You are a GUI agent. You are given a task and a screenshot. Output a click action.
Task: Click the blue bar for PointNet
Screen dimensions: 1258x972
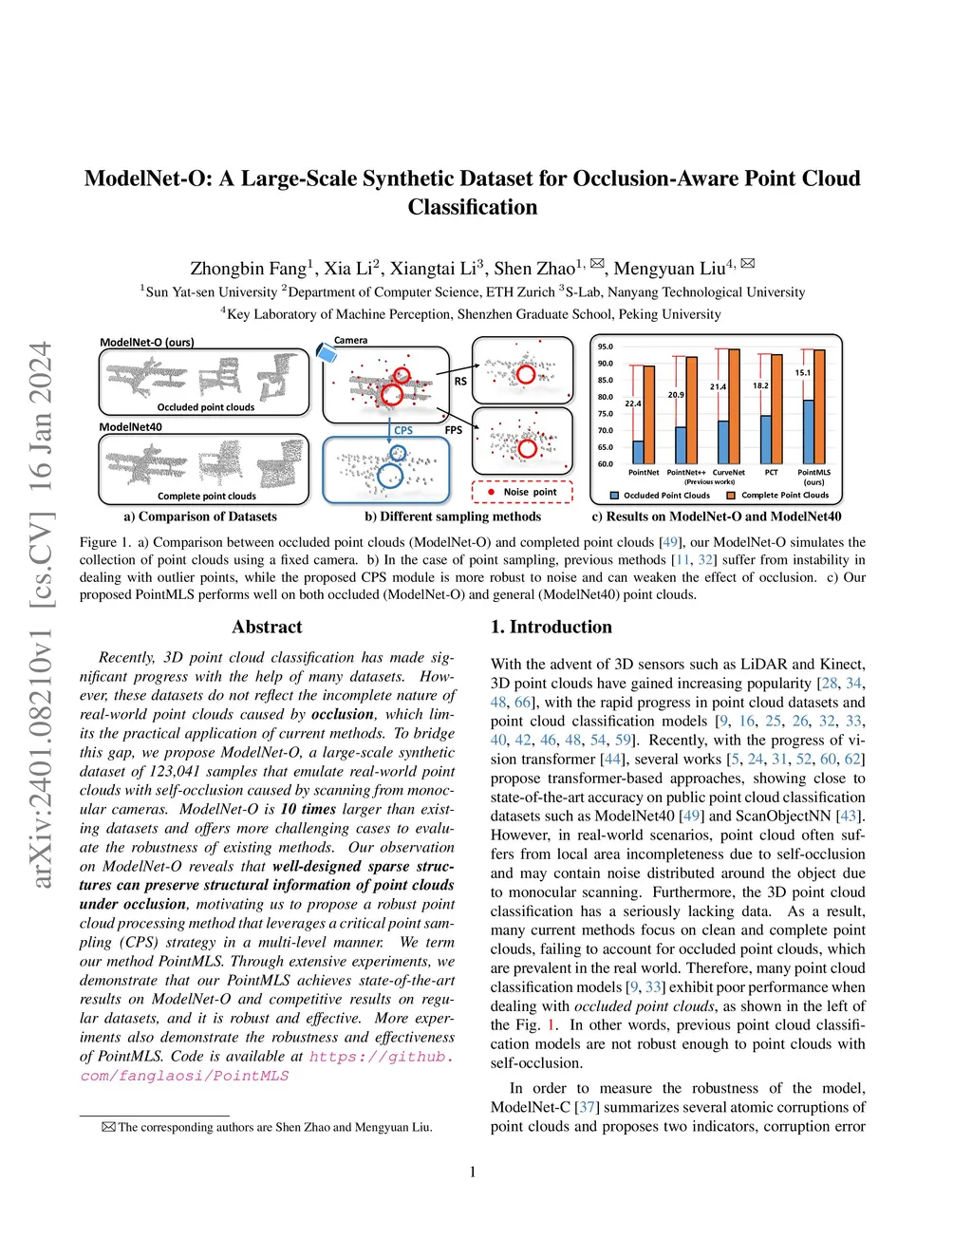[638, 452]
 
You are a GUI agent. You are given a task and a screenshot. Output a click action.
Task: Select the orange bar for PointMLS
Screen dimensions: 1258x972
[819, 406]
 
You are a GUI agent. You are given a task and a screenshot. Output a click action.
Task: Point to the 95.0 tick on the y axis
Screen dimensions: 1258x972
[606, 347]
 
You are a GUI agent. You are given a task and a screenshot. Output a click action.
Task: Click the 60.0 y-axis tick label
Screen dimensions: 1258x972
[606, 464]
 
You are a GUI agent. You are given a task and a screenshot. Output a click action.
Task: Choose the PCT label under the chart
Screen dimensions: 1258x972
[771, 472]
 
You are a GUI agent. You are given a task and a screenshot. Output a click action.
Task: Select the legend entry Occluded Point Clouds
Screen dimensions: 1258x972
[661, 496]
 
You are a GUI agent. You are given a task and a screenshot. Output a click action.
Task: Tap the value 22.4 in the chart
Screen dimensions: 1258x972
[633, 404]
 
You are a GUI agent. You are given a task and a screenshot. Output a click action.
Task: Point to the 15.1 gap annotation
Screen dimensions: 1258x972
[803, 373]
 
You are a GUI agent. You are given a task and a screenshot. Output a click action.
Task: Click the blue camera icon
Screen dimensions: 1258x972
[327, 353]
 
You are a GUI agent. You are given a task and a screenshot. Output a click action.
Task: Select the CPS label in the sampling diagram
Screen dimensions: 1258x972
[403, 431]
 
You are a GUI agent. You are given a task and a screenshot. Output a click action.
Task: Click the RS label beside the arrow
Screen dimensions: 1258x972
[460, 382]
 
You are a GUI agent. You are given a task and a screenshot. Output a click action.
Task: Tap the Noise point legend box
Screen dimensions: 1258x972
[522, 492]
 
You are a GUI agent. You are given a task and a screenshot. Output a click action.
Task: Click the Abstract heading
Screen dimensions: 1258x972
[267, 628]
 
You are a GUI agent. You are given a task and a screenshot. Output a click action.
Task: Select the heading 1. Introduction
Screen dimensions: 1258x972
[551, 628]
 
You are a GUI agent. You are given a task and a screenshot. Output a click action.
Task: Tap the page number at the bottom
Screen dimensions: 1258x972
[473, 1173]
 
